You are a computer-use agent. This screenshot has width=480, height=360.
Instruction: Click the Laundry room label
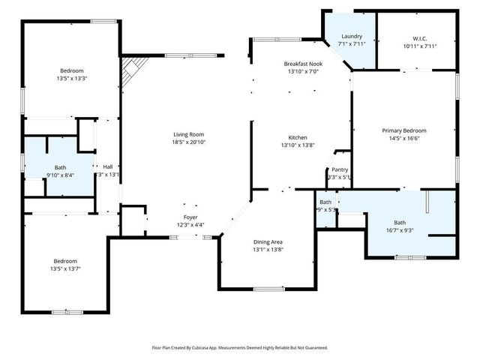[352, 36]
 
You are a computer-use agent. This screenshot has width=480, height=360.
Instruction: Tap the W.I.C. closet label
[419, 37]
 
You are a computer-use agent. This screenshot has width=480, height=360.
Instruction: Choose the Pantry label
[338, 170]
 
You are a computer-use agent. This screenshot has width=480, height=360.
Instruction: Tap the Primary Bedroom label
[403, 130]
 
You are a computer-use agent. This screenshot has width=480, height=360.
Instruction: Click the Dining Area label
[268, 241]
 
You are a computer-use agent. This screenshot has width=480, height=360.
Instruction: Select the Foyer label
[190, 217]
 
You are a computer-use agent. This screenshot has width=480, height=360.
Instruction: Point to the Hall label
[108, 166]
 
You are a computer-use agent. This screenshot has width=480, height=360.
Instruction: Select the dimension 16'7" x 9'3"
[400, 230]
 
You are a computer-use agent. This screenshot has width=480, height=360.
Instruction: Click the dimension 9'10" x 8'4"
[60, 175]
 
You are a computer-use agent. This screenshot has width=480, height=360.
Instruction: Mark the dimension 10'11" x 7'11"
[419, 46]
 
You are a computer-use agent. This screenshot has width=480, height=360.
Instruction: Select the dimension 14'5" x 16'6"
[403, 138]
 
